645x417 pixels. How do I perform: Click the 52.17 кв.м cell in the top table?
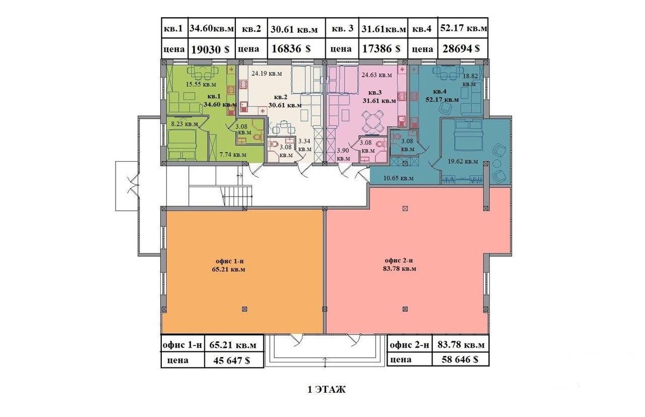(463, 28)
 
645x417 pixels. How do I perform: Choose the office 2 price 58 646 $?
(460, 359)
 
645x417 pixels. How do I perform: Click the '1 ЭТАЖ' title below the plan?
(327, 390)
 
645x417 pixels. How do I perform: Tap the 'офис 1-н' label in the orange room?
(230, 261)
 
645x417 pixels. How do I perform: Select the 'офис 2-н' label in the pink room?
(399, 261)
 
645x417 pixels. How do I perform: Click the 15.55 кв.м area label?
(201, 84)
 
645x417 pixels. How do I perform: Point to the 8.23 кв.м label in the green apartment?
(184, 124)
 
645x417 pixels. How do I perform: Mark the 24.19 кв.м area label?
(267, 74)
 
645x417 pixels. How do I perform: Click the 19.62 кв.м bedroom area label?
(463, 161)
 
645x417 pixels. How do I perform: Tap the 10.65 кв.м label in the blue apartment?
(398, 178)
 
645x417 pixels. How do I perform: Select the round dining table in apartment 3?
(372, 121)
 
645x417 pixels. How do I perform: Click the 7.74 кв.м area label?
(233, 155)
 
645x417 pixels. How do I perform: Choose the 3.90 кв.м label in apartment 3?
(343, 154)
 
